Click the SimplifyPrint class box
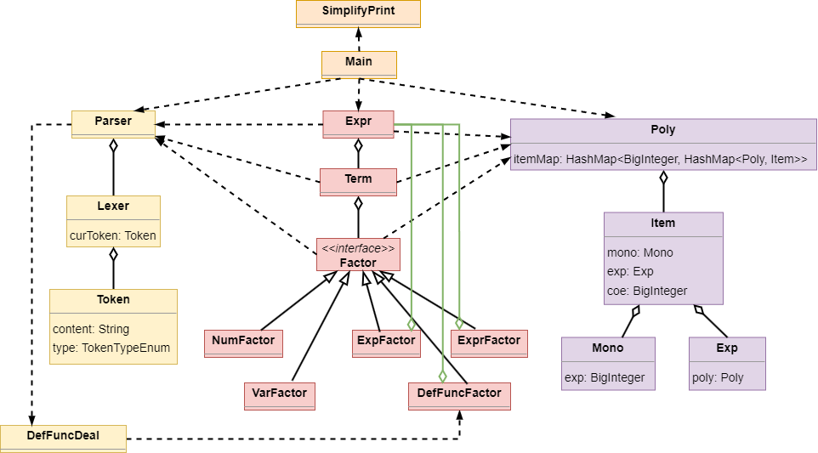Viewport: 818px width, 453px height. (x=358, y=13)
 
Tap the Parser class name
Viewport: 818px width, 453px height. (x=113, y=122)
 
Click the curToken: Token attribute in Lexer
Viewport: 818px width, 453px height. (x=113, y=235)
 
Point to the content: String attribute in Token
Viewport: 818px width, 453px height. (x=91, y=329)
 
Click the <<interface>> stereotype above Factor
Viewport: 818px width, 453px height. (x=358, y=248)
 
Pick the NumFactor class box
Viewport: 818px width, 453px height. (x=243, y=342)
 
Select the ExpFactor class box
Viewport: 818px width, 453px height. (x=386, y=342)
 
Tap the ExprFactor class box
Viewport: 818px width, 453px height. (x=489, y=342)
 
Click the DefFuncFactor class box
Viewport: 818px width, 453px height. (x=460, y=395)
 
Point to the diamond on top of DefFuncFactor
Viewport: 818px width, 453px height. (x=442, y=376)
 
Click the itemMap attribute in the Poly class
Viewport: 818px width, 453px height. (x=660, y=158)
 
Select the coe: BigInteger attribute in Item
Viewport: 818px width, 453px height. (x=647, y=291)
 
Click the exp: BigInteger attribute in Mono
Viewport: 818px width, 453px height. (x=605, y=377)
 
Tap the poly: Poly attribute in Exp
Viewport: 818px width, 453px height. (x=719, y=377)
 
